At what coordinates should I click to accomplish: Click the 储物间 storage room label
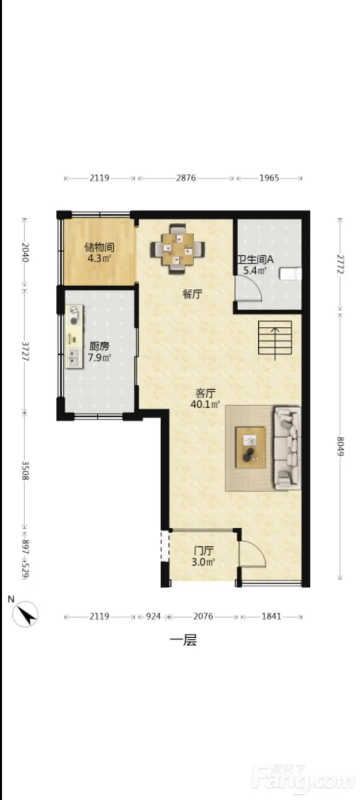click(x=99, y=247)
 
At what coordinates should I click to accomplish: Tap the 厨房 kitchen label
click(x=99, y=346)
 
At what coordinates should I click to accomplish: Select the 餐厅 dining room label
click(x=193, y=294)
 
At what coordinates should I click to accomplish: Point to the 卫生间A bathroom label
click(x=256, y=259)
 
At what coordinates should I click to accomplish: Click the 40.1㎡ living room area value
click(x=205, y=405)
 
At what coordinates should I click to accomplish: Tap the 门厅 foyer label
click(x=203, y=551)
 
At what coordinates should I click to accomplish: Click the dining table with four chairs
click(x=178, y=249)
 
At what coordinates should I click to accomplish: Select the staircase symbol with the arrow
click(x=275, y=338)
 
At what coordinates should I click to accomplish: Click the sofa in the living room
click(x=286, y=448)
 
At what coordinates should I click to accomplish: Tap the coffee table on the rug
click(x=250, y=447)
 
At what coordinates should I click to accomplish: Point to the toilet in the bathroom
click(x=290, y=274)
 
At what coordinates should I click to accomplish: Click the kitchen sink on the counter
click(x=74, y=358)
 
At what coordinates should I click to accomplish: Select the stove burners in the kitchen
click(x=74, y=315)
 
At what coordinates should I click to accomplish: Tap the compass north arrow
click(x=26, y=614)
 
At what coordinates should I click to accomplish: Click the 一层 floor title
click(x=183, y=641)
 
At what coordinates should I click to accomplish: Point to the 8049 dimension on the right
click(x=340, y=446)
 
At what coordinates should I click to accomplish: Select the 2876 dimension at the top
click(x=186, y=178)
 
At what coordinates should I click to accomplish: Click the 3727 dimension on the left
click(x=25, y=351)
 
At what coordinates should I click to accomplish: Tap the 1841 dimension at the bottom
click(x=271, y=617)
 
